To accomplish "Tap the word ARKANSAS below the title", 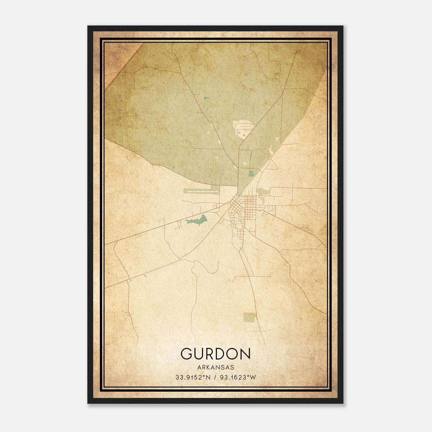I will [215, 367].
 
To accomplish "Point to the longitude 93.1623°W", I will [238, 377].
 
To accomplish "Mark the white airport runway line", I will [202, 191].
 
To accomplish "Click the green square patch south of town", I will [250, 317].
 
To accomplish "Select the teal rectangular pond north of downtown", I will [251, 173].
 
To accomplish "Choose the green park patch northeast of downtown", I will [262, 191].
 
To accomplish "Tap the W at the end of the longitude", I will [253, 377].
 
